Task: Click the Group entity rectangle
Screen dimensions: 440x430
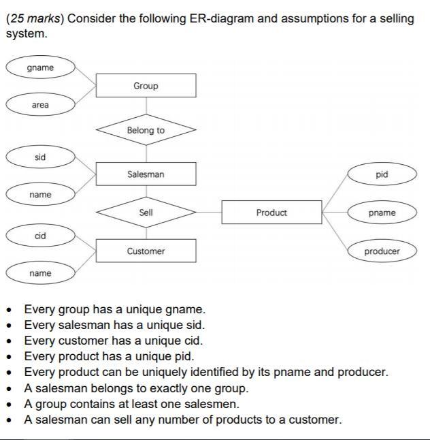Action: click(146, 86)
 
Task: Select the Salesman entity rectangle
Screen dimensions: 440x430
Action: click(146, 174)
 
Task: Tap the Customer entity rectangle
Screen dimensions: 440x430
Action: click(146, 251)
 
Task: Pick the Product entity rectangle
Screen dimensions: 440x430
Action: click(271, 213)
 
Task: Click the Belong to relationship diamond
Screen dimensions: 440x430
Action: click(146, 130)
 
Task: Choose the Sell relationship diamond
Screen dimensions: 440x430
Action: click(146, 213)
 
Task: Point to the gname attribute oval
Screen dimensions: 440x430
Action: click(40, 67)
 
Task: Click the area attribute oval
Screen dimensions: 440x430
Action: click(40, 105)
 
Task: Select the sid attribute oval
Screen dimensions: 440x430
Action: click(40, 157)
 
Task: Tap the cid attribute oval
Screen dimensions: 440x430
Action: click(40, 236)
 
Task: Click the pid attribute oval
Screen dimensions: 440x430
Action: click(382, 174)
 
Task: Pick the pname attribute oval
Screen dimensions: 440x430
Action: click(382, 213)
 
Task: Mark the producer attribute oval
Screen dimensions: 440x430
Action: click(382, 251)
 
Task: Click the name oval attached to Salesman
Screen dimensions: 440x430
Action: click(40, 195)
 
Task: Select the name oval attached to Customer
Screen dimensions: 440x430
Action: click(40, 273)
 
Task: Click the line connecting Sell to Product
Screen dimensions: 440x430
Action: click(209, 213)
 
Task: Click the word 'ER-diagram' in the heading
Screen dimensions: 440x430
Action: click(221, 18)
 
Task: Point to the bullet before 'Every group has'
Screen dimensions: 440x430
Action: click(10, 310)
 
